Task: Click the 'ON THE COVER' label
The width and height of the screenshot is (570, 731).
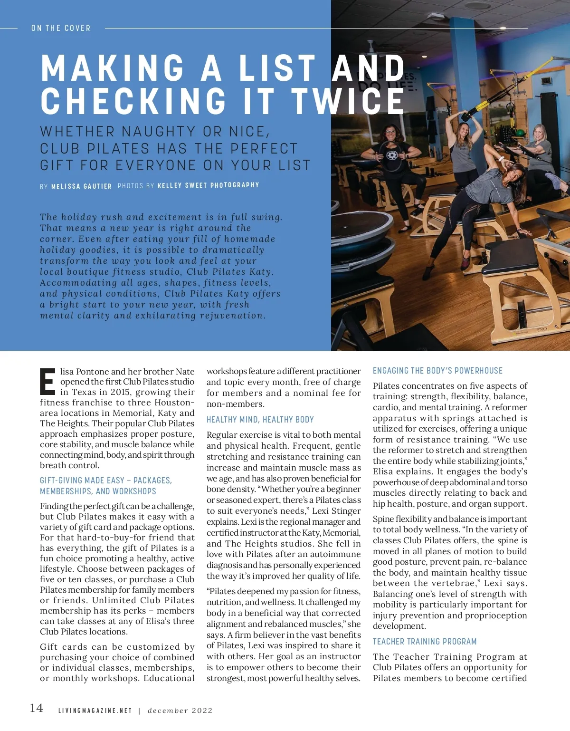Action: pos(61,28)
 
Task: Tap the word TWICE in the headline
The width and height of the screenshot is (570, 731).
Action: pos(347,101)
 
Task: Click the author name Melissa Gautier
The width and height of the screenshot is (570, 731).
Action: pos(81,186)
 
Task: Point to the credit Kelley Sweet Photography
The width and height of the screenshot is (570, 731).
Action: pos(208,185)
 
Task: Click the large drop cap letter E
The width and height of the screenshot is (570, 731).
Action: pos(47,382)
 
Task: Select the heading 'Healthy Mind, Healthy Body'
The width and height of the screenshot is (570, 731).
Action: pos(260,420)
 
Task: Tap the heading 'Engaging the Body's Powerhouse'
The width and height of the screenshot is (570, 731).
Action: pos(437,371)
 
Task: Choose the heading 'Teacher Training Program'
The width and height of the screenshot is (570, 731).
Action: pos(424,642)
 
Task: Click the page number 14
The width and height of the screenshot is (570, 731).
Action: pos(37,708)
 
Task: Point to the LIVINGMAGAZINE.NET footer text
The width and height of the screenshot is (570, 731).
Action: pos(95,711)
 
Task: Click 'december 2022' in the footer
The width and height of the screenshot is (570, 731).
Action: pos(180,711)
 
